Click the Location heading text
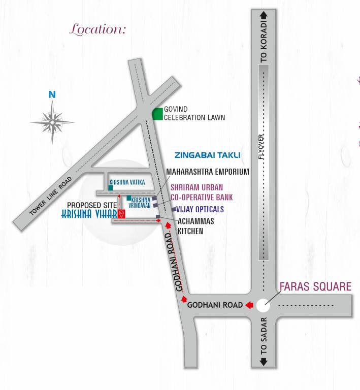point(97,29)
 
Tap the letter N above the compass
point(52,94)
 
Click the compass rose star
point(52,121)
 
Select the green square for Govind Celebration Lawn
point(158,114)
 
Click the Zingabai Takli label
point(207,155)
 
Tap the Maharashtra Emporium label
point(208,172)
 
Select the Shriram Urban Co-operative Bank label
point(202,192)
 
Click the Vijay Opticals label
point(200,209)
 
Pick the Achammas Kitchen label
point(195,226)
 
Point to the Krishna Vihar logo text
point(89,214)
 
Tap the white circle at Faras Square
point(263,305)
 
